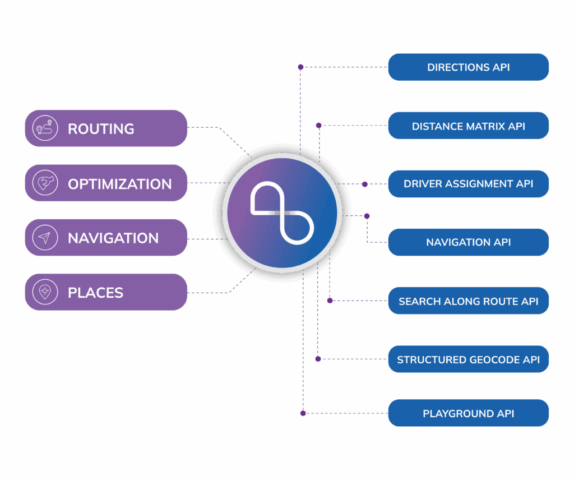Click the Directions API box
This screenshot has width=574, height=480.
pyautogui.click(x=468, y=67)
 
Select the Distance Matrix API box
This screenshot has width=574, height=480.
pyautogui.click(x=468, y=126)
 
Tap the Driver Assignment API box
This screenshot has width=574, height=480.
pyautogui.click(x=468, y=184)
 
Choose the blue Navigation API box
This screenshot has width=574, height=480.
pyautogui.click(x=468, y=242)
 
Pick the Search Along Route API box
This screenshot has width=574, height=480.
pyautogui.click(x=468, y=301)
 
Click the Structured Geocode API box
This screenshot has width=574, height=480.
pyautogui.click(x=468, y=359)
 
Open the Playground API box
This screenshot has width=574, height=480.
pyautogui.click(x=468, y=413)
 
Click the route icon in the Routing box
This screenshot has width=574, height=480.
pyautogui.click(x=45, y=128)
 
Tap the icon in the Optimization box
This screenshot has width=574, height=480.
pyautogui.click(x=45, y=183)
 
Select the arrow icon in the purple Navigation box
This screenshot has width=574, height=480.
pyautogui.click(x=45, y=238)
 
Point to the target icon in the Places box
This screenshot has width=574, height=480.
pyautogui.click(x=45, y=292)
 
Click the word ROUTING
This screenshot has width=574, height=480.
pyautogui.click(x=101, y=129)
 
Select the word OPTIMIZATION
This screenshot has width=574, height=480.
pyautogui.click(x=119, y=184)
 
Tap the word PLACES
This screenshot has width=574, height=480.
pyautogui.click(x=95, y=293)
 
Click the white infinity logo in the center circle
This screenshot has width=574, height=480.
pyautogui.click(x=281, y=213)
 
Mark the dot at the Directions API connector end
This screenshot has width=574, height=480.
pyautogui.click(x=300, y=67)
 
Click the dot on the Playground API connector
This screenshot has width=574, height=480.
pyautogui.click(x=303, y=413)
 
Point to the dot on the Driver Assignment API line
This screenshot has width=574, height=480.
pyautogui.click(x=364, y=184)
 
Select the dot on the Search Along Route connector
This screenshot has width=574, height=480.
pyautogui.click(x=330, y=301)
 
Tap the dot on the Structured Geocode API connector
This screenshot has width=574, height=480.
pyautogui.click(x=318, y=359)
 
